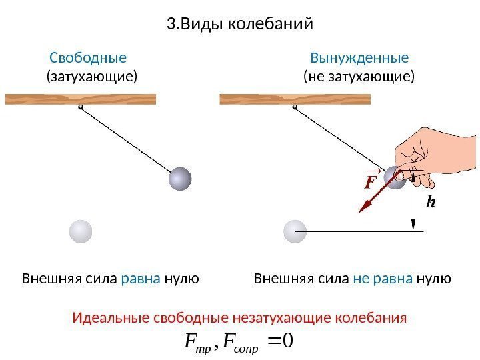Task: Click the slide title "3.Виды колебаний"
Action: pos(239,25)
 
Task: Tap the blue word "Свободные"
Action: pos(88,57)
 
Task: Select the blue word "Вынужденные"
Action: pos(359,57)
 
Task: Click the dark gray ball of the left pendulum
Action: pos(180,179)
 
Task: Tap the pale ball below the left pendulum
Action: pos(81,231)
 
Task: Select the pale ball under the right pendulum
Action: pos(295,231)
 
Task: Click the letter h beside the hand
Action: pos(431,201)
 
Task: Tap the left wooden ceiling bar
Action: pos(81,99)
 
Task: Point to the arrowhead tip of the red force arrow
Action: pos(359,212)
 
